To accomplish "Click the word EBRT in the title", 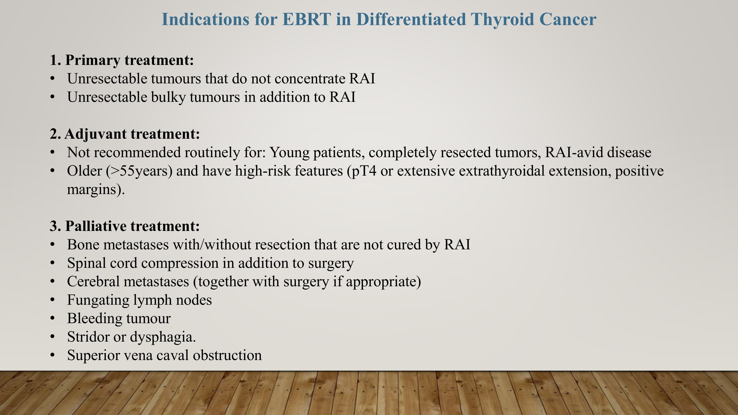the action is (306, 20).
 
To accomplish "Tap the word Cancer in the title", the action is (568, 20).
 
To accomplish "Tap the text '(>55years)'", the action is (139, 171).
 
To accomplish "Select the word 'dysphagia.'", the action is (163, 337).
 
